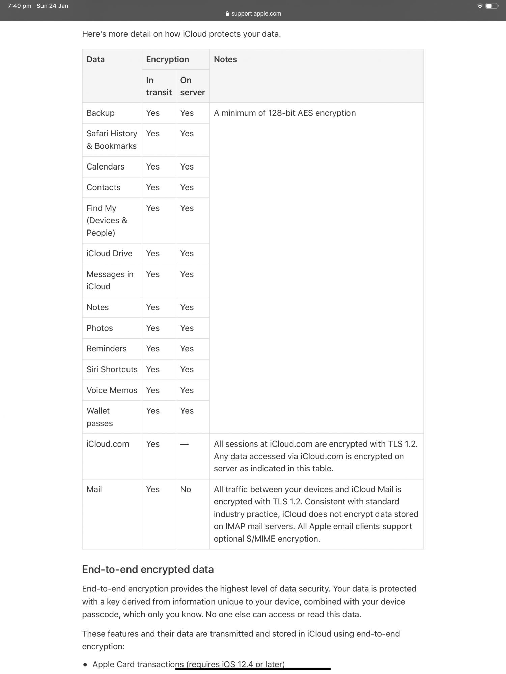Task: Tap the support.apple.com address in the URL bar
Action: (256, 13)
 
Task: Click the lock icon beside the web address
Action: (227, 14)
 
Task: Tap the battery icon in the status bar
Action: (491, 6)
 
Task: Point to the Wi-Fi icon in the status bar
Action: (480, 6)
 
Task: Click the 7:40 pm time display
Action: (20, 6)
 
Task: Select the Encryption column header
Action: (167, 59)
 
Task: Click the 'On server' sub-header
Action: (192, 86)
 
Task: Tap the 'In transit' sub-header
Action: (159, 86)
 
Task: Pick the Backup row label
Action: (101, 113)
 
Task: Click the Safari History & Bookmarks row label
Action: (112, 140)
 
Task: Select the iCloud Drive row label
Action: (109, 253)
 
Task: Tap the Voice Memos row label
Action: (112, 390)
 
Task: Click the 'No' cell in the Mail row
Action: (186, 489)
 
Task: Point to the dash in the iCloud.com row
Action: (184, 444)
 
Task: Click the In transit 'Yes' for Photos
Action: (153, 328)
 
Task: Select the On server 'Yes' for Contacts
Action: (187, 187)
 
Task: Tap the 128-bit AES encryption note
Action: (285, 113)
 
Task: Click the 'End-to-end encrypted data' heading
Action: (148, 569)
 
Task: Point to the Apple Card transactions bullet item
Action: (189, 664)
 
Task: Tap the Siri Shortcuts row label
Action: (112, 369)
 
